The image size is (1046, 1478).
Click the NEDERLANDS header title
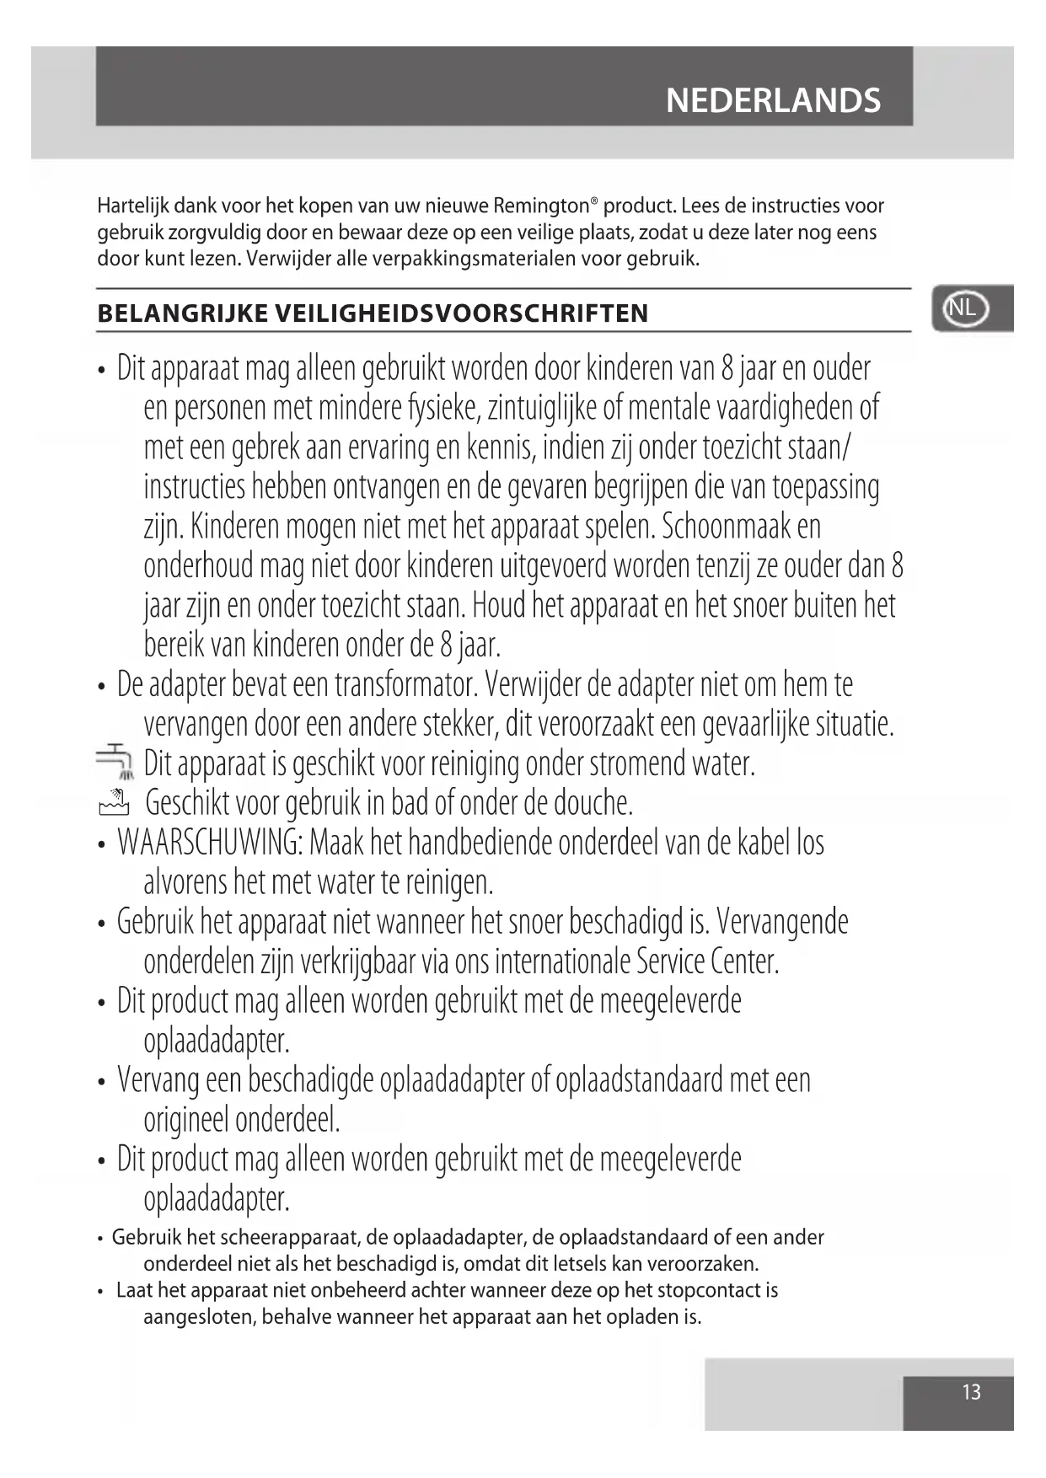tap(773, 100)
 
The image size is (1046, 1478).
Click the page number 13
tap(971, 1391)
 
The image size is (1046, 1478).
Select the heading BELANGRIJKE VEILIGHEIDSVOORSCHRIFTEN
tap(373, 313)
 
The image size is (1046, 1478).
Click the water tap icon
tap(115, 761)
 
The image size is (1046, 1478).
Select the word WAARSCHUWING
tap(211, 842)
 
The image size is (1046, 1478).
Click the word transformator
tap(406, 684)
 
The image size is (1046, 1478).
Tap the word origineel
tap(186, 1120)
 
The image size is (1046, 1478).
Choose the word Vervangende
tap(783, 921)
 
